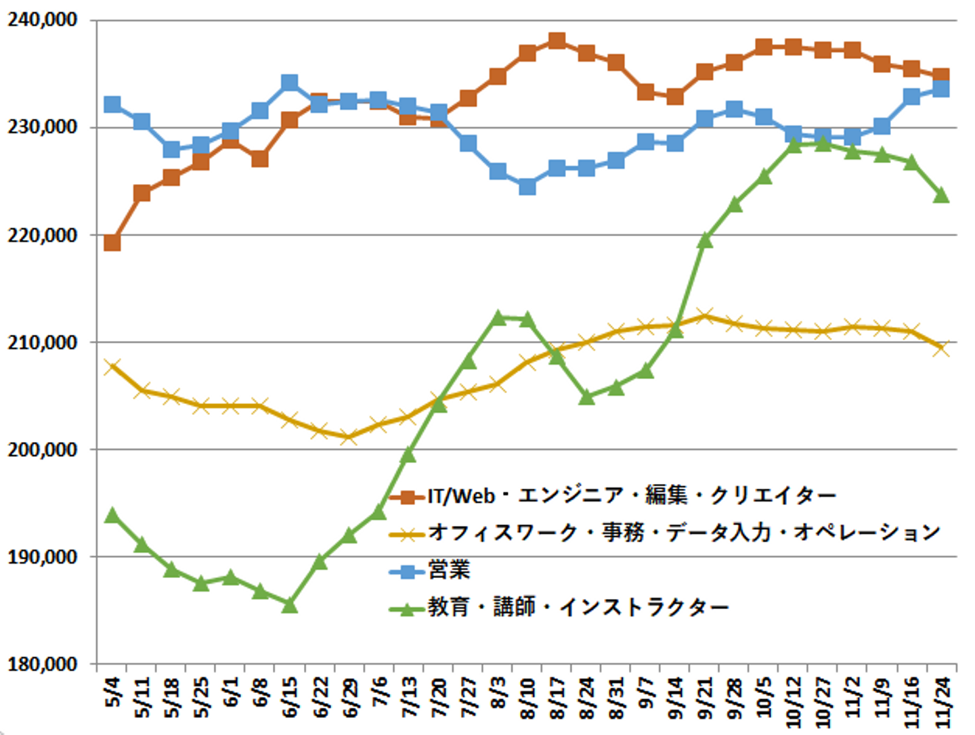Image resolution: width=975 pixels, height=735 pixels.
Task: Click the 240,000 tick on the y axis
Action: [x=42, y=20]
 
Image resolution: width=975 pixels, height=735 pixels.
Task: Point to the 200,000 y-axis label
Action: [x=42, y=450]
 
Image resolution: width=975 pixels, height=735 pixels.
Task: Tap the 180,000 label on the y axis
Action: [x=42, y=665]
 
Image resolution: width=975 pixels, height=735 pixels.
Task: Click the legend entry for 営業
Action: [x=449, y=571]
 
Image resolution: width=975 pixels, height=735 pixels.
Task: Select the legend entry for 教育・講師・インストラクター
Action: [x=578, y=607]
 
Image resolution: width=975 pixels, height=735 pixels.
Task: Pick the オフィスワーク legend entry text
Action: [x=684, y=533]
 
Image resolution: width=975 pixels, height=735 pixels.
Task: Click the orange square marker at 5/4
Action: [x=112, y=242]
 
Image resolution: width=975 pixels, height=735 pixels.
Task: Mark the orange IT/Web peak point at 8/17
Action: [x=557, y=41]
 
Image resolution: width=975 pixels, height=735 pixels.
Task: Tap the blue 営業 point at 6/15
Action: [x=290, y=83]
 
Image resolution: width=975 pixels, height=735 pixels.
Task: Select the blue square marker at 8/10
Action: [x=527, y=186]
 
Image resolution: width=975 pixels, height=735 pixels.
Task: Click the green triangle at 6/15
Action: [x=290, y=605]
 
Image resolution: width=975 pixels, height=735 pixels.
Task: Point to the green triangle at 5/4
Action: [x=112, y=516]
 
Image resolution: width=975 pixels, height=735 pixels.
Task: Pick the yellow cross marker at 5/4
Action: [x=112, y=367]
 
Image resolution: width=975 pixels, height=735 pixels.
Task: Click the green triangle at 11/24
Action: [x=941, y=196]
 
